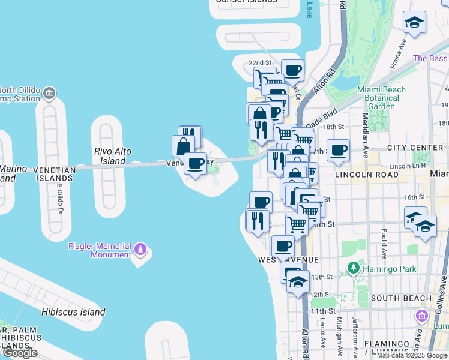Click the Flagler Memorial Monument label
click(100, 250)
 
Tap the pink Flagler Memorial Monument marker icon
click(140, 247)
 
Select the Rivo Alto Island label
click(113, 156)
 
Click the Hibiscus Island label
click(73, 312)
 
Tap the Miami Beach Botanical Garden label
click(382, 98)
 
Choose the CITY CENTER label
click(415, 147)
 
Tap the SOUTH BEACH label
click(401, 298)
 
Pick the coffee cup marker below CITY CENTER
click(339, 150)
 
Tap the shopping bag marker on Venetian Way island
click(183, 145)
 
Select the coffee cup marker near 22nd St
click(292, 70)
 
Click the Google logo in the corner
click(20, 352)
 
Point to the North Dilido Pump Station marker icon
click(49, 92)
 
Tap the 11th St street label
click(323, 311)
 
